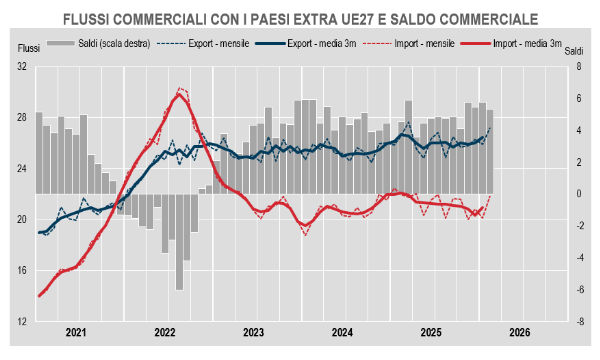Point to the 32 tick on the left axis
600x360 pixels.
[21, 66]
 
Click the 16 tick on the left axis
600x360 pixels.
[21, 271]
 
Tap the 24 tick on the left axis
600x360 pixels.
[21, 169]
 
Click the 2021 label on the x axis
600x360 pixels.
[77, 332]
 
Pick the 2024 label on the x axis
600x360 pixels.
[342, 332]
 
